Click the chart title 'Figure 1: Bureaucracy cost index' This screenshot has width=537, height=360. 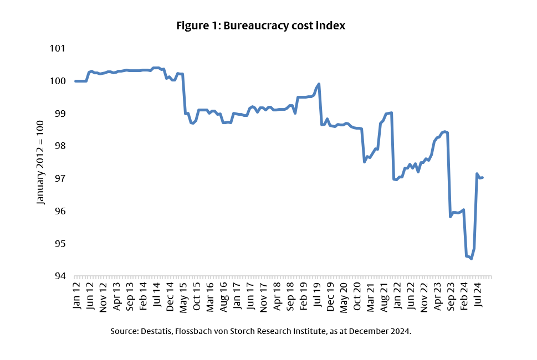coord(260,26)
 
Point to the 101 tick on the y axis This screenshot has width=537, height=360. coord(58,49)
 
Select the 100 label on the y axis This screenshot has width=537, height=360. coord(58,81)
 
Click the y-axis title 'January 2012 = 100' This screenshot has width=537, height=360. coord(40,162)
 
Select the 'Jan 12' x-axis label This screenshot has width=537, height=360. coord(76,295)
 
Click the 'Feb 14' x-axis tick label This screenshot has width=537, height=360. coord(144,295)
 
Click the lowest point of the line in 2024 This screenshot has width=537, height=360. coord(471,259)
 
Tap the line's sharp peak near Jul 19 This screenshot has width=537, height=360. coord(319,84)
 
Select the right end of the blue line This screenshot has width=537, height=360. coord(483,178)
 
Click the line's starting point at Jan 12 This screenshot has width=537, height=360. coord(76,81)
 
